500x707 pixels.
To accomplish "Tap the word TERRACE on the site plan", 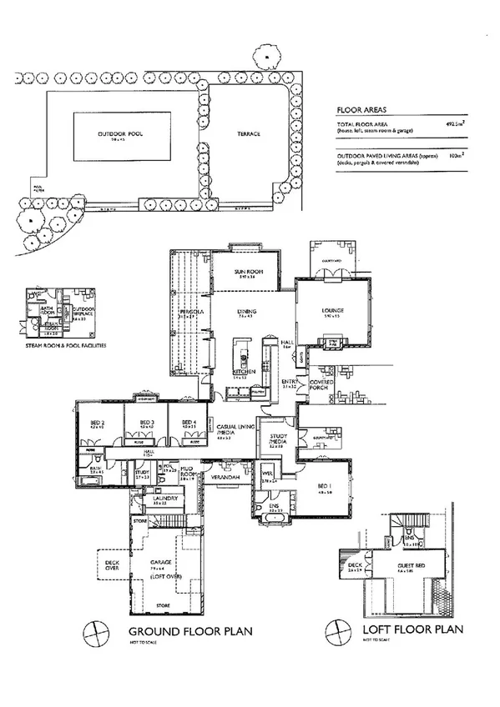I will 247,133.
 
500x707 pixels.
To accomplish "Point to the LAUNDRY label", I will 161,499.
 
